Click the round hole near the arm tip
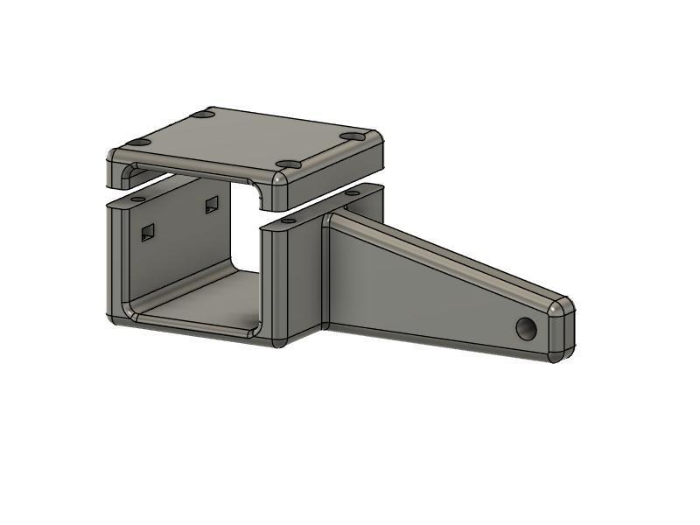coord(526,329)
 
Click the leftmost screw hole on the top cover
coord(139,143)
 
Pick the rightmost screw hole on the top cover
coord(353,136)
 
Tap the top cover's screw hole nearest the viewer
coord(288,164)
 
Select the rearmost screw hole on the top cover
coord(203,115)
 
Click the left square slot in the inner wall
coord(148,232)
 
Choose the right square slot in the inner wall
coord(211,206)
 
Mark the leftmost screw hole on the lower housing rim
coord(138,199)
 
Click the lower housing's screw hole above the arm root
coord(353,192)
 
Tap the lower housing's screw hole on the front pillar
coord(288,222)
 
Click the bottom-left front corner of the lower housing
coord(115,317)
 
